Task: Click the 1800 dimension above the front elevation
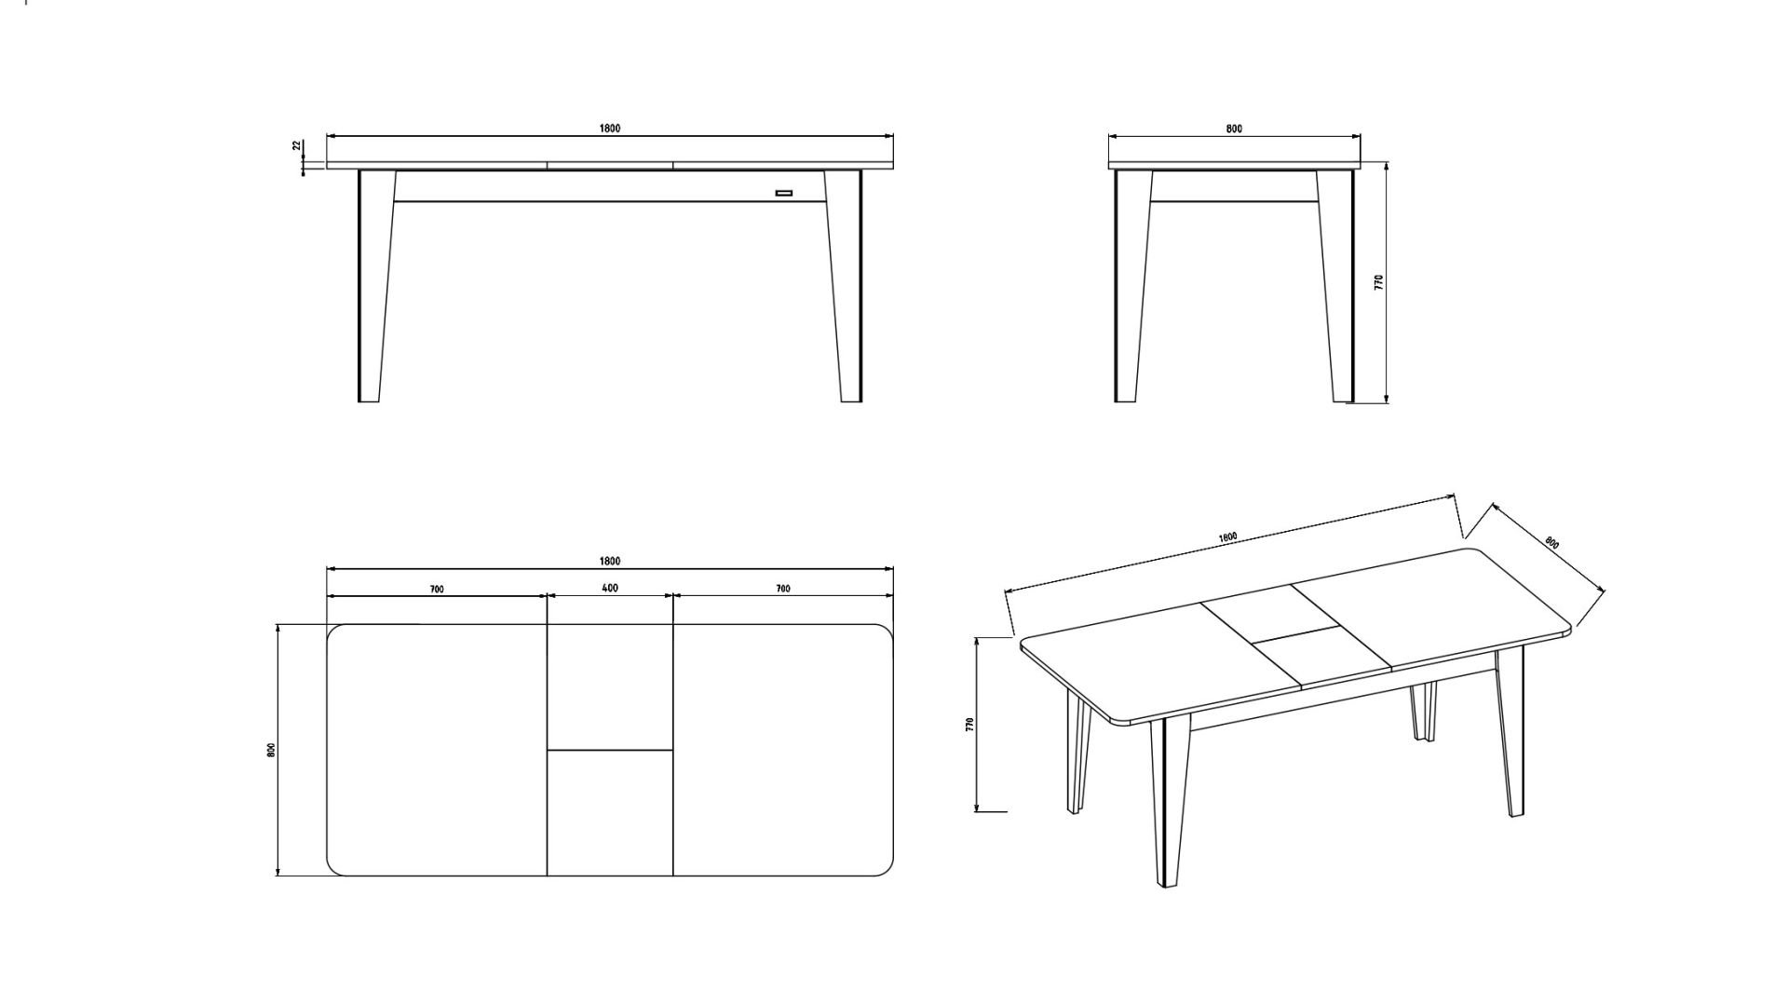click(610, 129)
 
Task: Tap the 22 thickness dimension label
click(297, 145)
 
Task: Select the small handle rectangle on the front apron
click(784, 194)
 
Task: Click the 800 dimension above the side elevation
click(1234, 129)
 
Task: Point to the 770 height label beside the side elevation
click(1379, 281)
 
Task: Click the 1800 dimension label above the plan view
click(610, 561)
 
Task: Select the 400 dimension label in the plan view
click(610, 589)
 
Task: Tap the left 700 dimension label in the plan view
click(437, 590)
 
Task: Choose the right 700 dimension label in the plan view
click(783, 589)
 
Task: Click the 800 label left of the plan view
click(271, 750)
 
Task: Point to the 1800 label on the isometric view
click(1227, 538)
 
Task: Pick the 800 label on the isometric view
click(1552, 543)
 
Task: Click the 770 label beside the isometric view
click(969, 725)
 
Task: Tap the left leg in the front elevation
click(372, 286)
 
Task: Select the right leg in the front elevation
click(847, 286)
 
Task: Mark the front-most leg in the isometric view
click(1167, 801)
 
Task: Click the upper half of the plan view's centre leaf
click(610, 686)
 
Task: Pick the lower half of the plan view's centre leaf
click(610, 813)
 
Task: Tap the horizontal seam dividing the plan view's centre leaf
click(610, 750)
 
